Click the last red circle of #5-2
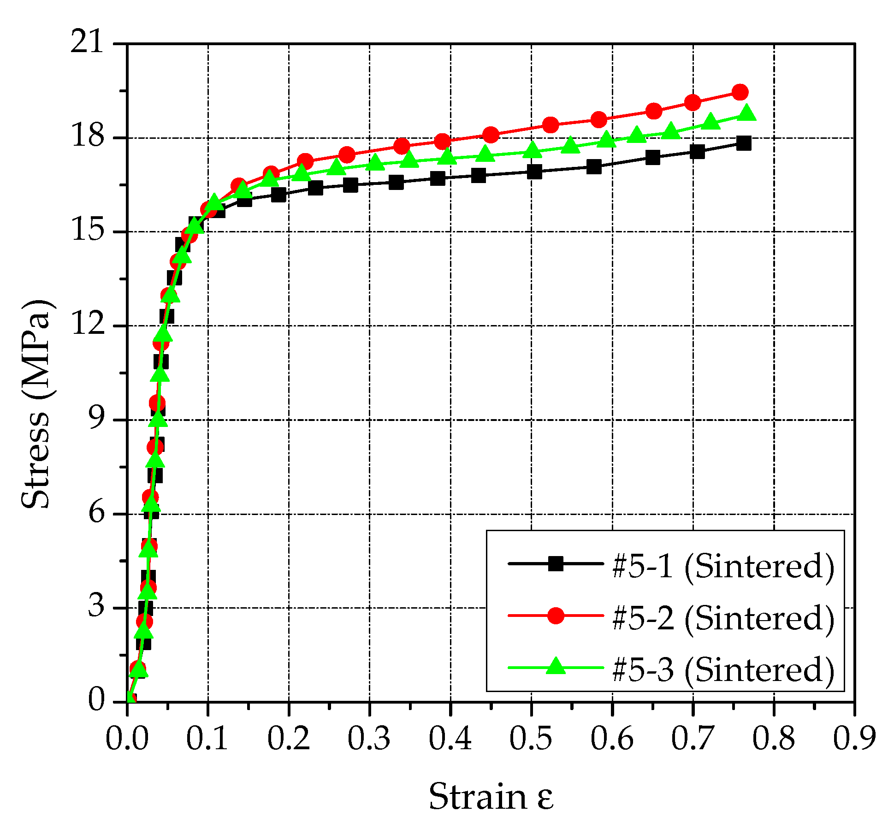740,92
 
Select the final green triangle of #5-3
746,113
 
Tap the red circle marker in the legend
556,616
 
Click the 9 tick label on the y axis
96,420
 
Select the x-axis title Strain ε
491,797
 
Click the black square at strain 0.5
534,172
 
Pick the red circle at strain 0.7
693,103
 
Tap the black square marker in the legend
556,563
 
